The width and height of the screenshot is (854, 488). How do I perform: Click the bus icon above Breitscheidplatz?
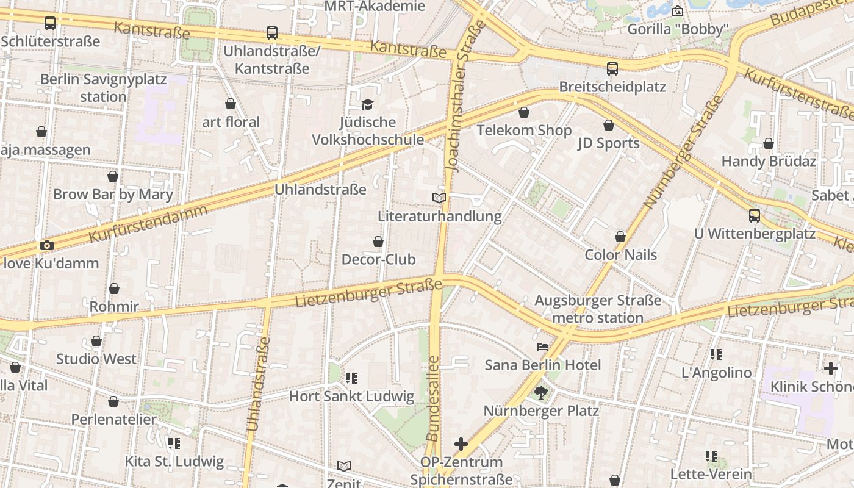612,69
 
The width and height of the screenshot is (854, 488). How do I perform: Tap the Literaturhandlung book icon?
439,198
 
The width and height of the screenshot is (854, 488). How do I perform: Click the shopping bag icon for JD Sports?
608,126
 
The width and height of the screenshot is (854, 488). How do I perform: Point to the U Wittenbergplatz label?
755,234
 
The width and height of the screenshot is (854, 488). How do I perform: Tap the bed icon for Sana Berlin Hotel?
542,347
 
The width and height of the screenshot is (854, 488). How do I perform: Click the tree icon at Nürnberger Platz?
540,392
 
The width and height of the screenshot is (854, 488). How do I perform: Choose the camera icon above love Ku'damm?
47,245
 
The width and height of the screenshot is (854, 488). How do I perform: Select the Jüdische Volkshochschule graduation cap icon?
367,104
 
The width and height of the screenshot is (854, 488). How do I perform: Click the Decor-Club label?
378,259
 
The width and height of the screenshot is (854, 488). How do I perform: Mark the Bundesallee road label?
433,399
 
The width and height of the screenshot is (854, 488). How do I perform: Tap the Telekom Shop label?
524,131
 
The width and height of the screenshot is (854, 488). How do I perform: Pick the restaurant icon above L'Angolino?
716,354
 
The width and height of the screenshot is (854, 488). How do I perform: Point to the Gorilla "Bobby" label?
678,29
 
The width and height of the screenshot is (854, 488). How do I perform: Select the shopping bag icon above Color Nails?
620,237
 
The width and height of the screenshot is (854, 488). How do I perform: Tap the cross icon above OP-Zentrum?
461,444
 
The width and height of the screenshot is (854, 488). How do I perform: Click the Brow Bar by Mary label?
113,195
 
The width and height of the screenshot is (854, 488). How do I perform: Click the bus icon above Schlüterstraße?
50,23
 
